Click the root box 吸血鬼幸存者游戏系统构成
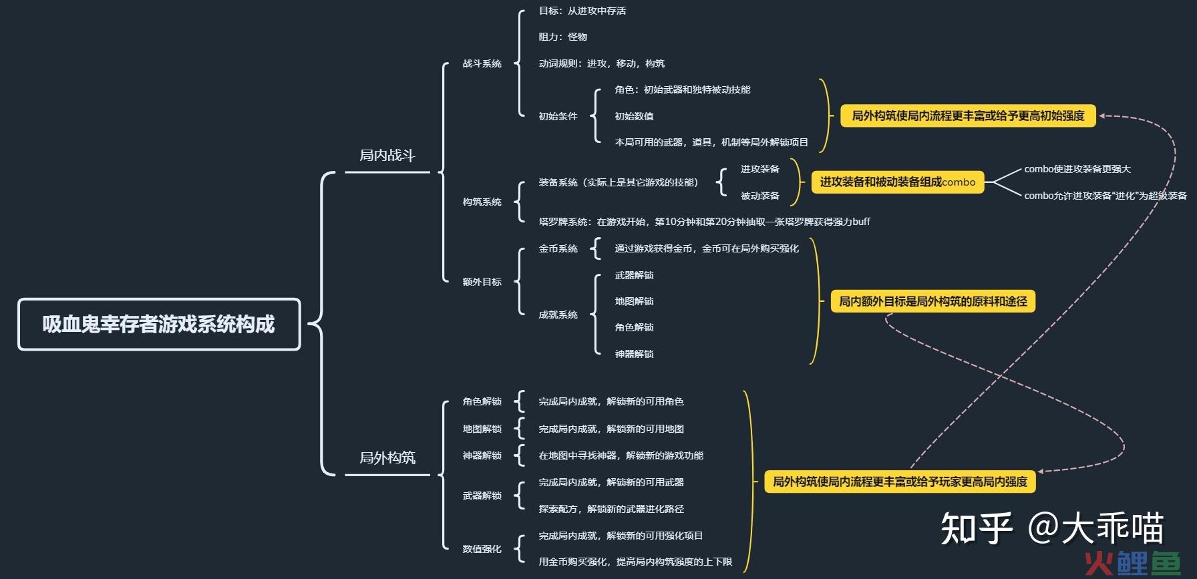point(159,325)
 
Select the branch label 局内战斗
point(387,156)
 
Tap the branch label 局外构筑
point(387,457)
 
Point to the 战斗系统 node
point(482,63)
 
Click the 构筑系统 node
point(482,202)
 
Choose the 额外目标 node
point(482,282)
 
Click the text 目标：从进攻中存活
point(582,11)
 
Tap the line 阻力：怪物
point(563,37)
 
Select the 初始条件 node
point(558,116)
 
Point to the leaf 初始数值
point(635,116)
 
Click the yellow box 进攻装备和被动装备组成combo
point(898,182)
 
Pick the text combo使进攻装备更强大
point(1077,169)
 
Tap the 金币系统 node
point(558,248)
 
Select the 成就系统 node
point(558,315)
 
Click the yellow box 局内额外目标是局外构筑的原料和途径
point(933,301)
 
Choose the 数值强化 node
point(482,549)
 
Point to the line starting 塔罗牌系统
point(705,222)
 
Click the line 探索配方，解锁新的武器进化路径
point(611,509)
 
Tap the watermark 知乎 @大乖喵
point(1053,528)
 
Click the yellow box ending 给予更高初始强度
point(969,116)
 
